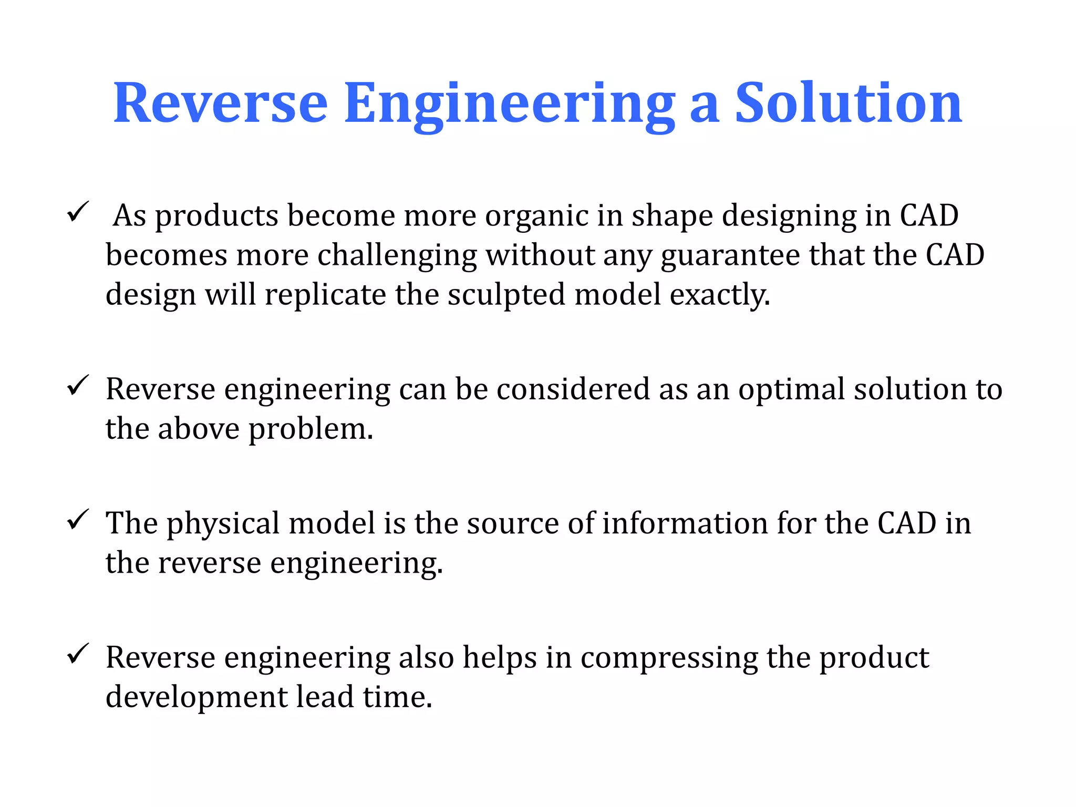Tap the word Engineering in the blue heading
coord(509,104)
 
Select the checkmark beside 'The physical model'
coord(78,520)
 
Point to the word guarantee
coord(730,256)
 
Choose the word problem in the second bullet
coord(310,430)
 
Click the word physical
coord(223,524)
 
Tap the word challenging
coord(397,256)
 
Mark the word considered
coord(573,389)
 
